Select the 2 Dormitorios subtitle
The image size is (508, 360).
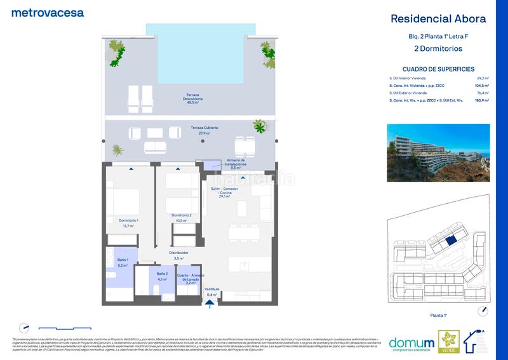pyautogui.click(x=438, y=48)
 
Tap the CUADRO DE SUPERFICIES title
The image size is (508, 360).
pyautogui.click(x=438, y=69)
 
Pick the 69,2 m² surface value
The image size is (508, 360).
pyautogui.click(x=482, y=77)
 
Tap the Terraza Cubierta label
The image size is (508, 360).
pyautogui.click(x=200, y=131)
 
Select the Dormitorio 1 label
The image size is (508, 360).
pyautogui.click(x=128, y=222)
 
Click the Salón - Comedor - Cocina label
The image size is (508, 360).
pyautogui.click(x=225, y=193)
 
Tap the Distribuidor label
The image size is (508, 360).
pyautogui.click(x=178, y=255)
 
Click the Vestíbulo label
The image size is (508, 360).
pyautogui.click(x=212, y=291)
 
